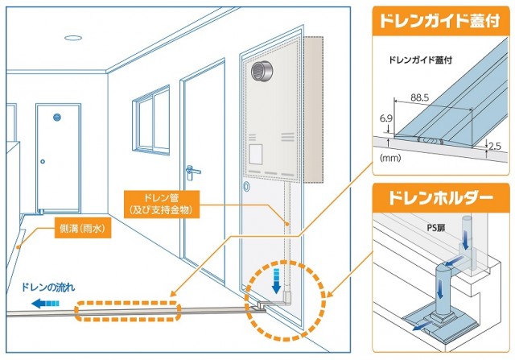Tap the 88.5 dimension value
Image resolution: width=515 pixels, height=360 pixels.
pos(418,98)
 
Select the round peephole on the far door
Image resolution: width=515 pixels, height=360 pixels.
pos(58,118)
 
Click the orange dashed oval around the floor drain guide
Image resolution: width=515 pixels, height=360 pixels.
pos(126,310)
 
